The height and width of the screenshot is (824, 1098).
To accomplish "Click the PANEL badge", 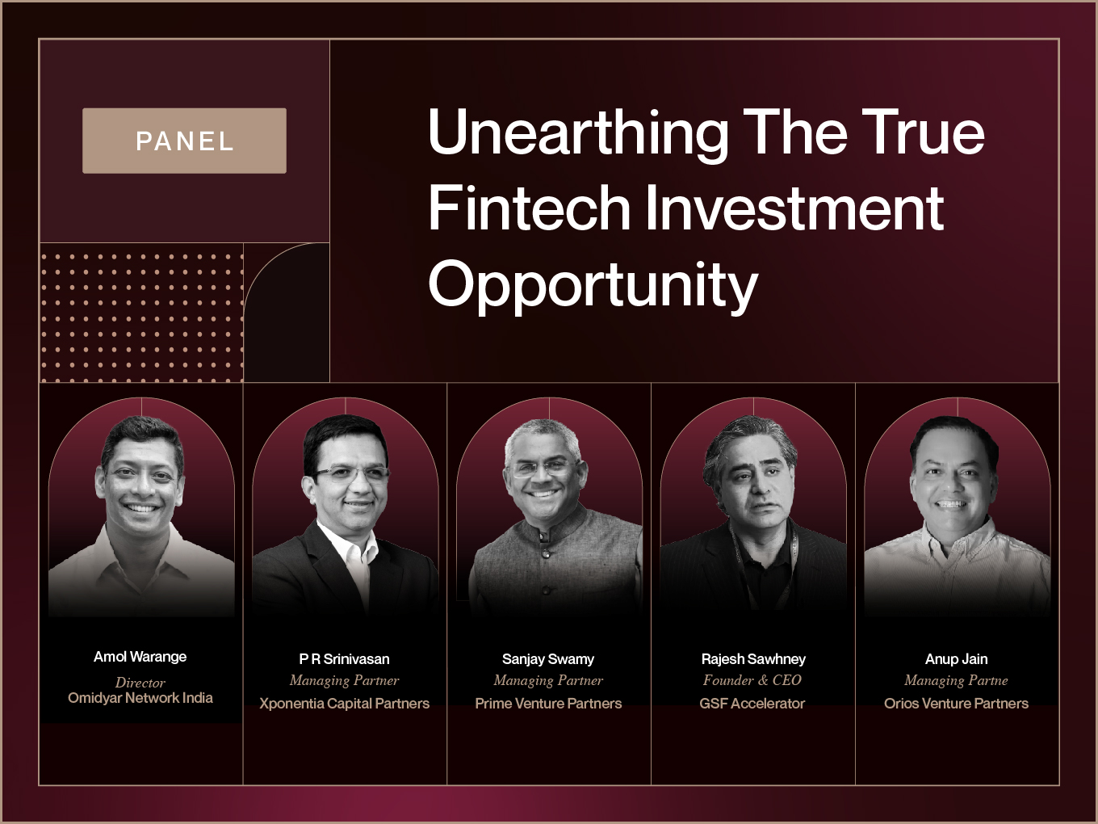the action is [184, 141].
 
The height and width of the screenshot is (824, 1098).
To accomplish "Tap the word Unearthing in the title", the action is [577, 133].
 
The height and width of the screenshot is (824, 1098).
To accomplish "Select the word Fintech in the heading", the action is [529, 208].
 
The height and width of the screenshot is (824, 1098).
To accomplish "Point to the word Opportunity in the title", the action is [593, 286].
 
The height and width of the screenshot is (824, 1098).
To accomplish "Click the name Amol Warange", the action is [140, 657].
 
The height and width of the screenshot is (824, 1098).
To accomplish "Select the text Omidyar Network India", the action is [140, 698].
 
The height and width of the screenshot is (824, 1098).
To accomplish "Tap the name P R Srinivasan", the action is [344, 659].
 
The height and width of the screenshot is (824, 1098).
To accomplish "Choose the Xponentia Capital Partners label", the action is [344, 704].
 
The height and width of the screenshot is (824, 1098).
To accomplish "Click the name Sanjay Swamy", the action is [548, 659].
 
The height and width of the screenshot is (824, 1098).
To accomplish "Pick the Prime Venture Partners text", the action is [548, 704].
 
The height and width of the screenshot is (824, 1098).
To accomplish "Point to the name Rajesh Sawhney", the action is [753, 659].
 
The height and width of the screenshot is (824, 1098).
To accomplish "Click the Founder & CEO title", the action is [752, 680].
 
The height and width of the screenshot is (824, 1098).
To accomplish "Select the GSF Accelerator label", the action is [752, 704].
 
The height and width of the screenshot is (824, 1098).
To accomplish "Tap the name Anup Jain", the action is [957, 659].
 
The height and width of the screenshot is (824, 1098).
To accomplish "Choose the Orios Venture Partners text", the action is [957, 704].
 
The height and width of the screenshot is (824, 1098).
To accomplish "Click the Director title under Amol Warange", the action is [140, 683].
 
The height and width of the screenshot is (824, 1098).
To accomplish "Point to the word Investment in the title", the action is [794, 208].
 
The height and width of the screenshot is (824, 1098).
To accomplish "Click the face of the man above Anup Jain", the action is [954, 483].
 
